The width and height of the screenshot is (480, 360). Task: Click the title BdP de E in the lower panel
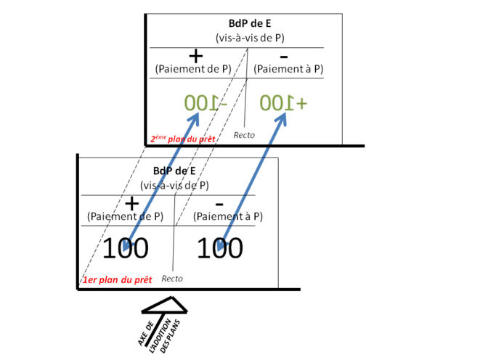click(175, 171)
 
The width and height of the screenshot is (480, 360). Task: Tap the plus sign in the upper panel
click(195, 55)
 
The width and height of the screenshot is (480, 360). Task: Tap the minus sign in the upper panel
click(283, 56)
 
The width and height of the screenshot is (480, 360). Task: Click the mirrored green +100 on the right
click(284, 102)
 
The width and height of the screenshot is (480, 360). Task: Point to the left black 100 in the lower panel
click(125, 248)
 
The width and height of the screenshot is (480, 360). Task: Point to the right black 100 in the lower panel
click(220, 248)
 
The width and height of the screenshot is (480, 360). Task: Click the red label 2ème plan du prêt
click(181, 138)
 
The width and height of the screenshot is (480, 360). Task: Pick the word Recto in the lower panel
click(172, 278)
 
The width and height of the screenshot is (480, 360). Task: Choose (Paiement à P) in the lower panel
click(227, 216)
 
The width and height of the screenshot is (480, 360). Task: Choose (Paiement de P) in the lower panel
click(125, 216)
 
